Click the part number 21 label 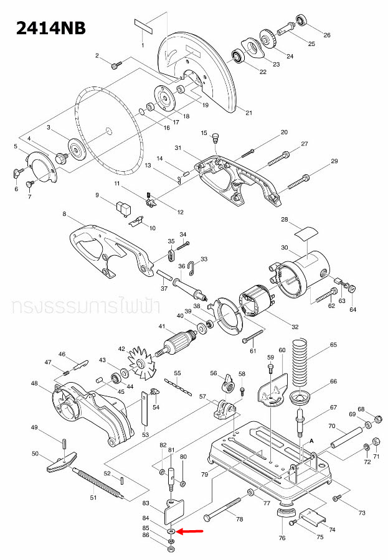coord(249,113)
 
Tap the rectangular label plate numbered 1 coord(142,27)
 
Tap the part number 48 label coord(34,383)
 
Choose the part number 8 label coord(64,214)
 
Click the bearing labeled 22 coord(239,57)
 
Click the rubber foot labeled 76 coord(285,515)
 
